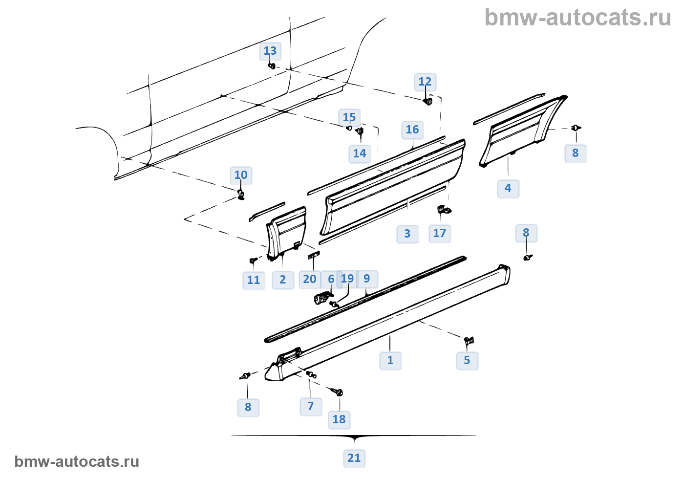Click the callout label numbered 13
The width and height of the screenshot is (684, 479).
270,51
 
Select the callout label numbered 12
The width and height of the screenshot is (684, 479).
425,82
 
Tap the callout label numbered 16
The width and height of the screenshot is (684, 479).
412,130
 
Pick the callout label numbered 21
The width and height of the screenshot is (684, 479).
354,458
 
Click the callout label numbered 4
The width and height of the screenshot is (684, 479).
508,188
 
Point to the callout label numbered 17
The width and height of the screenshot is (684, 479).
440,233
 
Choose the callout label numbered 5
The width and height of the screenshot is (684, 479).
467,360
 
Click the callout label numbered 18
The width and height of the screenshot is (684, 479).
339,419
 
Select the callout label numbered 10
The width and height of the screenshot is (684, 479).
241,175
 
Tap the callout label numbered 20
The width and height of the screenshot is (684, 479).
310,279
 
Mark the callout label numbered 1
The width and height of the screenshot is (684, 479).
390,360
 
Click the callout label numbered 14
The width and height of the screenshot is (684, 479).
360,153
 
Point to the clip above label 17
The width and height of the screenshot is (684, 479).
444,210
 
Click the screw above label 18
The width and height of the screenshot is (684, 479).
337,392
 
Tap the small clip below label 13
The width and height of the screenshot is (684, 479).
272,66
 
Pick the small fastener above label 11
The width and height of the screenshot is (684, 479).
253,260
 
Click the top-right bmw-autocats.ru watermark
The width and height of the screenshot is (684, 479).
577,18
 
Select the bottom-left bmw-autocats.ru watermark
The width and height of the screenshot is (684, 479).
77,461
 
